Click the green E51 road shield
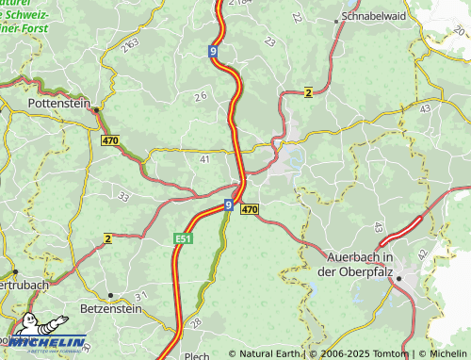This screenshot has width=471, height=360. (183, 238)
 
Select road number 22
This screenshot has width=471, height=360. (298, 17)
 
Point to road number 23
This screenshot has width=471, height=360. (270, 41)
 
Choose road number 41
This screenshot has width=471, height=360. (205, 159)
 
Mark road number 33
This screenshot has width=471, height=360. (123, 196)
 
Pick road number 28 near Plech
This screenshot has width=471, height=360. (195, 324)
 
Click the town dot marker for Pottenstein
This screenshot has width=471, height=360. (96, 109)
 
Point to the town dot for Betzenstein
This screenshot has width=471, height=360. (110, 295)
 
